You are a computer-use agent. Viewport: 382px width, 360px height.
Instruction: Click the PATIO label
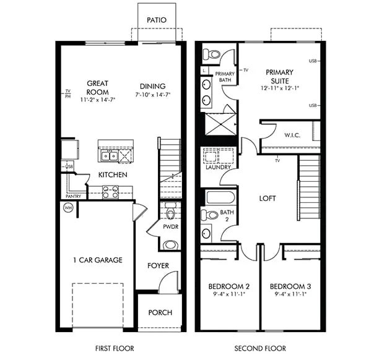click(x=156, y=20)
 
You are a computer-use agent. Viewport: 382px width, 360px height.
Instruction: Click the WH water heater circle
click(x=69, y=207)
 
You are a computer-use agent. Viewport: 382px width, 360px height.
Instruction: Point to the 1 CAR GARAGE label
click(x=97, y=260)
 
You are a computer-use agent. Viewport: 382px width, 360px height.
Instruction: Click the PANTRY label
click(x=73, y=195)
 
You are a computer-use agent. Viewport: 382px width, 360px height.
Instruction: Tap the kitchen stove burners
click(x=110, y=192)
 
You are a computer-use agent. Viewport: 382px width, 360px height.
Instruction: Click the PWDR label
click(x=170, y=227)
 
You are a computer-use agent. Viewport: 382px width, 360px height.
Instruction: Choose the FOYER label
click(x=158, y=266)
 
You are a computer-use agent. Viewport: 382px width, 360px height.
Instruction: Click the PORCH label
click(x=160, y=312)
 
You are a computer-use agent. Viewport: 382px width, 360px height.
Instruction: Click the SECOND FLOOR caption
click(x=259, y=348)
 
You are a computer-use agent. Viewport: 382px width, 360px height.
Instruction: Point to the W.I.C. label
click(x=292, y=135)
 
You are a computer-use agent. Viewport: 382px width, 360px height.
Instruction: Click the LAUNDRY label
click(x=219, y=167)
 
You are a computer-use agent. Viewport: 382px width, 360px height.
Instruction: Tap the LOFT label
click(x=267, y=199)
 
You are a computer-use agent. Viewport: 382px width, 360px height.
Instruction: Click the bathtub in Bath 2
click(x=220, y=198)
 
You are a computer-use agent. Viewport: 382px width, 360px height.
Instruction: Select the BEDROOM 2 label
click(x=230, y=286)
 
